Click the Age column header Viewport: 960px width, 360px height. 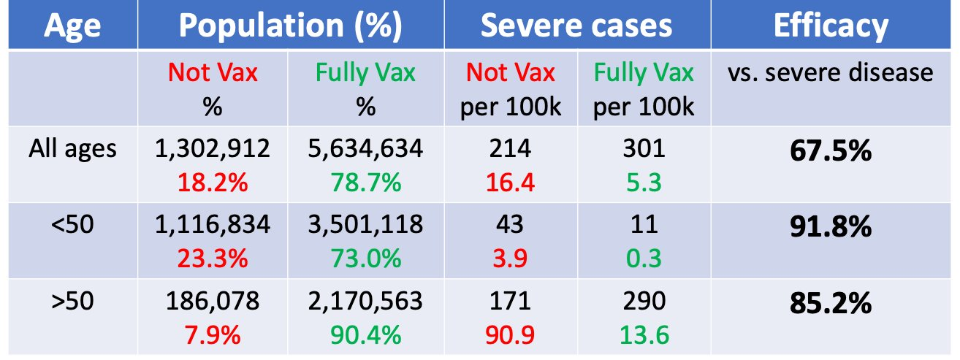(72, 26)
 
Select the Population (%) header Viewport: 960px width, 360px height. (291, 26)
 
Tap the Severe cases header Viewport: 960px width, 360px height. (576, 26)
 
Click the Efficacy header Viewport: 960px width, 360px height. (831, 26)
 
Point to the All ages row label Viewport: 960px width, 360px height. (72, 149)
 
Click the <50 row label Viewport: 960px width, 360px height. (72, 224)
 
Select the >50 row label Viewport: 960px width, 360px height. (72, 299)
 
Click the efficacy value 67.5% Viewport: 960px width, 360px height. (831, 152)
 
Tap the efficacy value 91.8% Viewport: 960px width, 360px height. (831, 227)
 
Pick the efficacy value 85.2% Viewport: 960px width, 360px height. (831, 302)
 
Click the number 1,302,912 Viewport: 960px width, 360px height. (213, 149)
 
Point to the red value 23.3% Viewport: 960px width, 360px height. (213, 258)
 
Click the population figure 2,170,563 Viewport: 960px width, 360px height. (365, 299)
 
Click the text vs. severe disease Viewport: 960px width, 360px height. (831, 73)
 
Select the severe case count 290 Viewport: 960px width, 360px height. (643, 299)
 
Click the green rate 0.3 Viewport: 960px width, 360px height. (643, 258)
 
